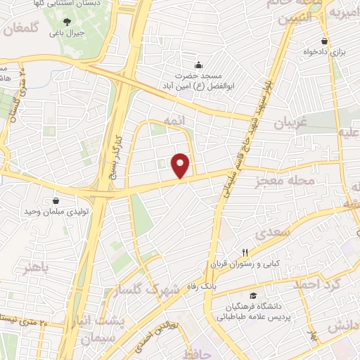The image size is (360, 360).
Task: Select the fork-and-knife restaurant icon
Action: tap(245, 252)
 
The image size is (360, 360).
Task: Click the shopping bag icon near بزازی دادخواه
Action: tap(324, 41)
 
